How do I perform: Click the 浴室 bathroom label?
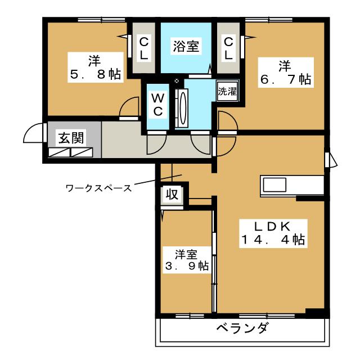pos(186,46)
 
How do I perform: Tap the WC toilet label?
pos(158,105)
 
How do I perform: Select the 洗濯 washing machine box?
pos(227,91)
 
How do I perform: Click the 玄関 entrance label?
pos(71,138)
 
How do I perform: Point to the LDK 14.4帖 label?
pos(273,233)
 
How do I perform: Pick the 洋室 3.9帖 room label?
pos(186,260)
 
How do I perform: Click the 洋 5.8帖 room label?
pos(96,67)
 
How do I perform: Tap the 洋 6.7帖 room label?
pos(286,73)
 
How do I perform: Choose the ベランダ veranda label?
pos(242,327)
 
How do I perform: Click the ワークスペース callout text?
pos(99,188)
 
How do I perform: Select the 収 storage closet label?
pos(172,195)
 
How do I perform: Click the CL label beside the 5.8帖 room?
pos(144,49)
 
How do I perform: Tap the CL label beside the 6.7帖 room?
pos(228,49)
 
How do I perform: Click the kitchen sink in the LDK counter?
pos(274,185)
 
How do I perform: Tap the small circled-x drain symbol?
pos(177,81)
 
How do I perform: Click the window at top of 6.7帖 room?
pos(269,20)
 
